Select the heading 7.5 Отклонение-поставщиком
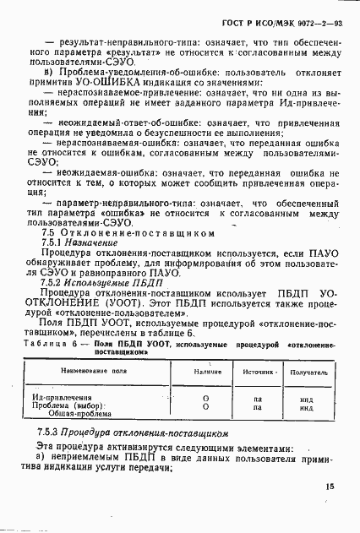coord(124,234)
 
